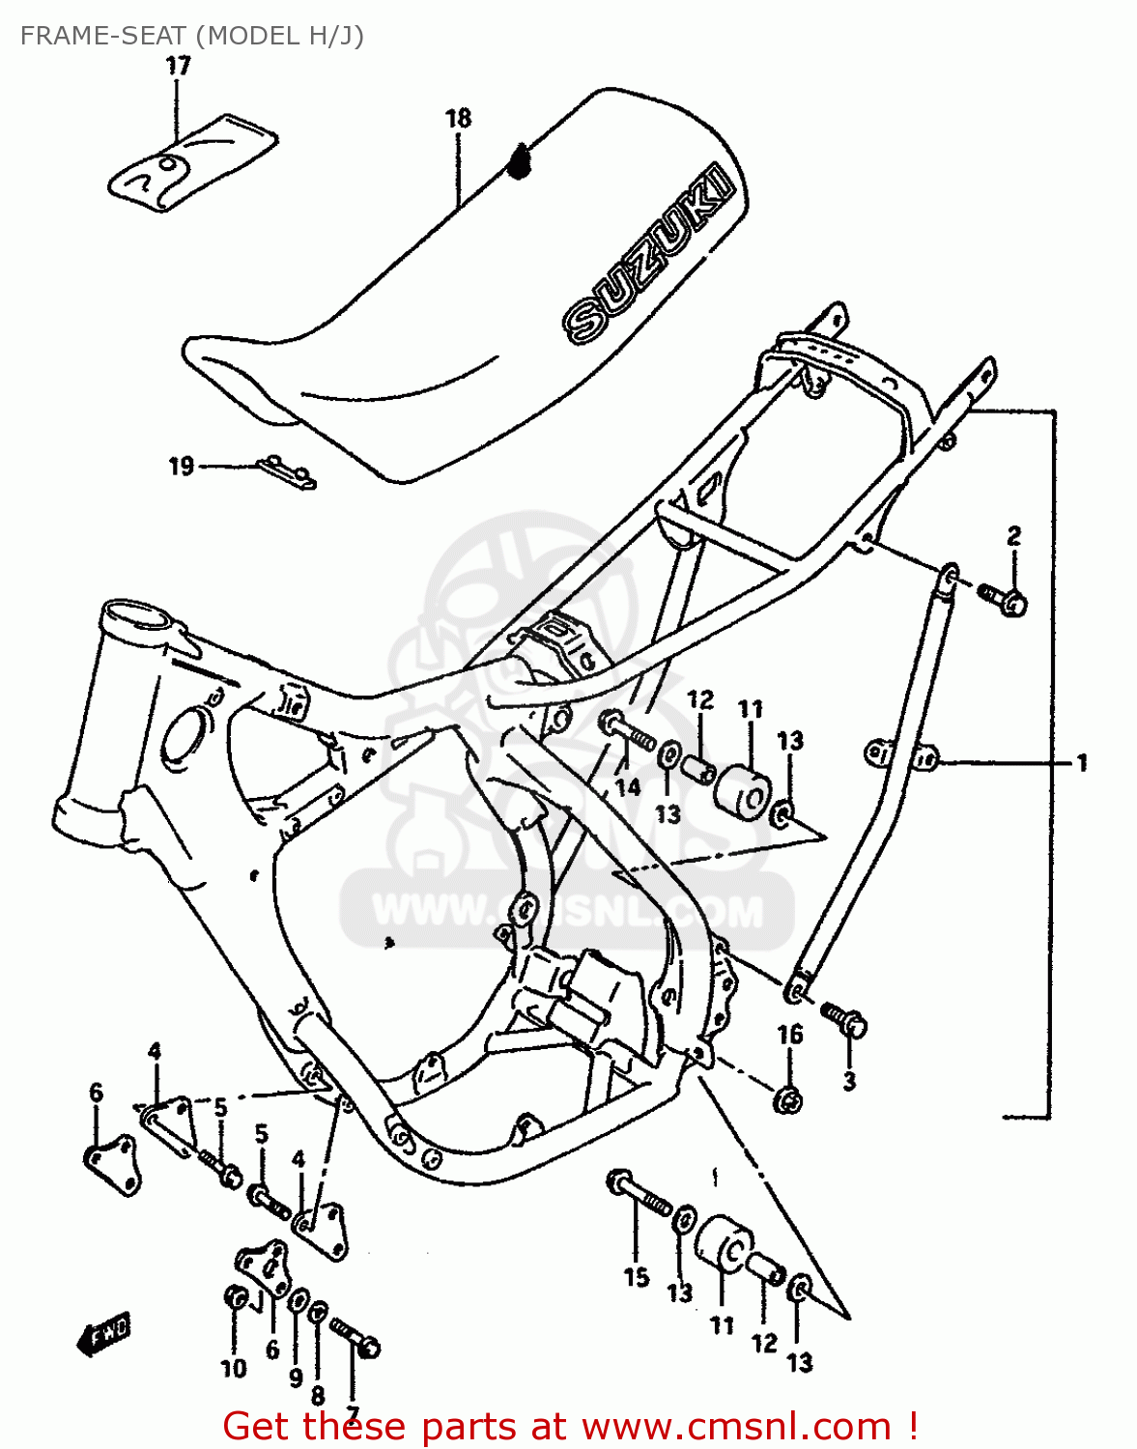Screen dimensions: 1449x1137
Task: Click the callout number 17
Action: click(178, 66)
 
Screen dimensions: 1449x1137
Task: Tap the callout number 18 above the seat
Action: click(458, 118)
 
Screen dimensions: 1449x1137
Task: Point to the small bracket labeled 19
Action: click(287, 472)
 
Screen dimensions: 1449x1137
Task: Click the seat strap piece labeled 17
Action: click(192, 161)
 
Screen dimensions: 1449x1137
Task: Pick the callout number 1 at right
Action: click(1082, 762)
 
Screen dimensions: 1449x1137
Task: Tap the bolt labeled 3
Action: click(846, 1019)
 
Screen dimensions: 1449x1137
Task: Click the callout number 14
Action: click(627, 787)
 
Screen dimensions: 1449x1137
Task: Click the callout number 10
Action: click(234, 1368)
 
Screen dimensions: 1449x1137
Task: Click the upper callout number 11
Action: click(751, 709)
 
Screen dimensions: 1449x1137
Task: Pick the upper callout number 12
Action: click(700, 699)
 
